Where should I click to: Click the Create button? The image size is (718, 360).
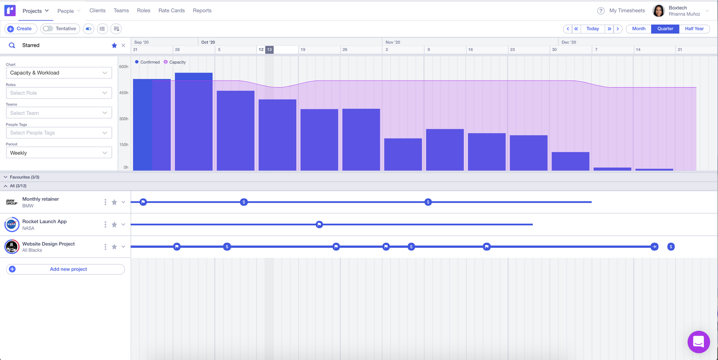(x=20, y=29)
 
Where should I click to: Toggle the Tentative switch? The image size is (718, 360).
(x=48, y=29)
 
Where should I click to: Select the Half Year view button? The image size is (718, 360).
(x=694, y=29)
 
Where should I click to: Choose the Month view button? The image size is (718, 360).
(x=639, y=29)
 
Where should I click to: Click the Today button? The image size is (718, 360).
(x=592, y=29)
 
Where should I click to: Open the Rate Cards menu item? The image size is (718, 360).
(x=172, y=10)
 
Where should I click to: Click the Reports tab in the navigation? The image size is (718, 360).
(x=202, y=10)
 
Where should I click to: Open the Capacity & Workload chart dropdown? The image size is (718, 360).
(x=59, y=73)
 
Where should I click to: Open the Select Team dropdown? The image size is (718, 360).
(x=59, y=113)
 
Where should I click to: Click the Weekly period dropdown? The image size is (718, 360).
(x=59, y=153)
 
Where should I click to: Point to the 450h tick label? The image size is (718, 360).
(x=123, y=93)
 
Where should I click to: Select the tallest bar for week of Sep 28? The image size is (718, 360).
(x=194, y=122)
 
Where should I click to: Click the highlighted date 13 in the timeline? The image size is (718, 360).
(x=269, y=50)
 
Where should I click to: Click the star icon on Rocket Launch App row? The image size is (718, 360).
(x=114, y=225)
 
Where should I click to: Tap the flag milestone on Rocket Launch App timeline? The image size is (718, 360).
(x=319, y=225)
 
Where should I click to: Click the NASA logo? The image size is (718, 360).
(x=11, y=225)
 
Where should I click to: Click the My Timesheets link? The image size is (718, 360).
(x=627, y=10)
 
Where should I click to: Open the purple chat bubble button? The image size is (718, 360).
(x=698, y=342)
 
